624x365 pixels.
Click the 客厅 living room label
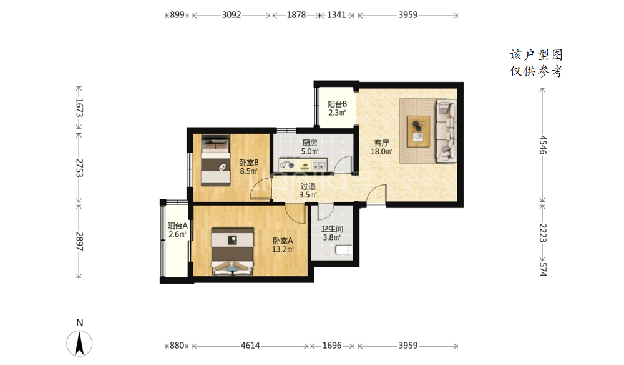381,142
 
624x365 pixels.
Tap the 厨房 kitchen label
310,142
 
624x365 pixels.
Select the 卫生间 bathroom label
332,229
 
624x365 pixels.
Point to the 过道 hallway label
308,186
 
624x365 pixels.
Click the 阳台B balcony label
337,104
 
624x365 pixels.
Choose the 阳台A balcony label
177,226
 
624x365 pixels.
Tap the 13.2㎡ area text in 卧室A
283,250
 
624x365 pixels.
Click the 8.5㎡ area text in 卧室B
248,171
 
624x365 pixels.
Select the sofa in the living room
446,131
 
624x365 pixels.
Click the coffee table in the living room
418,131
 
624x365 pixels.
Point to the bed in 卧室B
215,160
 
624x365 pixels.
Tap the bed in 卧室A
232,252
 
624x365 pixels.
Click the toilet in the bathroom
344,250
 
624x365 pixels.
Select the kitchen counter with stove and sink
303,164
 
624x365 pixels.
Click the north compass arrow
80,343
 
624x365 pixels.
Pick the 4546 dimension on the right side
543,144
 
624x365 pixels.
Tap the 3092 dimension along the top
232,15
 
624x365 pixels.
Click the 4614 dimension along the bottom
250,346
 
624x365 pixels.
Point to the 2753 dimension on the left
79,167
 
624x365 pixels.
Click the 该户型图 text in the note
535,54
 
